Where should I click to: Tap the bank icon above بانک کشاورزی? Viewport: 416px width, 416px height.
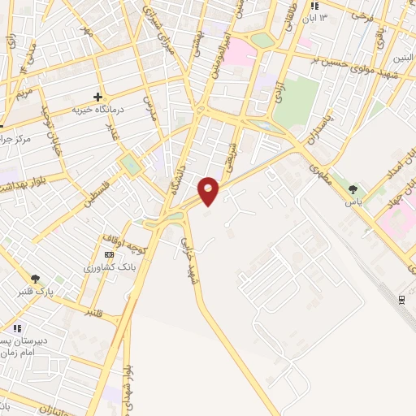(x=110, y=255)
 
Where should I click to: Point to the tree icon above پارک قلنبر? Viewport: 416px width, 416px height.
(x=35, y=279)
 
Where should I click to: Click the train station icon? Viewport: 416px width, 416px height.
(x=402, y=300)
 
